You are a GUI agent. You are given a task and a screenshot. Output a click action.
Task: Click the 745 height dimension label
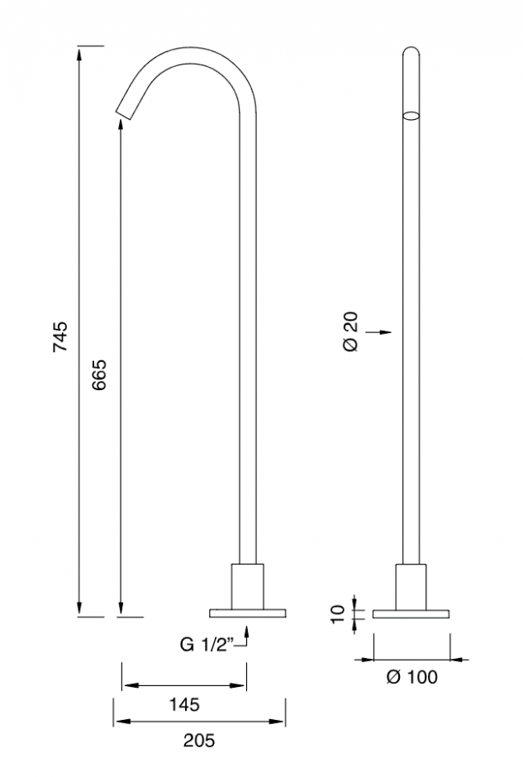(60, 336)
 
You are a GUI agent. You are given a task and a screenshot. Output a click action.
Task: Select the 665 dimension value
(99, 374)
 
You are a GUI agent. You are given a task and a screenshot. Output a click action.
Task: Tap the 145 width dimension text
(184, 704)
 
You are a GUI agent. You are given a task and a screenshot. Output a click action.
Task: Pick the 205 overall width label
(199, 741)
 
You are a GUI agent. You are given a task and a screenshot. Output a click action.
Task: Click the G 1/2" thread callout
(207, 645)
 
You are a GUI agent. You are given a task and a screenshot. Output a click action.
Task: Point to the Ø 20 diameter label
(350, 331)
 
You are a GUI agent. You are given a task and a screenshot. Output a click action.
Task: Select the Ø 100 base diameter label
(412, 677)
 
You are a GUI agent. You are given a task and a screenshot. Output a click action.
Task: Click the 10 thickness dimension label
(337, 614)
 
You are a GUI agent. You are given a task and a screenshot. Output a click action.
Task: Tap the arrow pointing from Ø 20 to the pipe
(379, 332)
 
